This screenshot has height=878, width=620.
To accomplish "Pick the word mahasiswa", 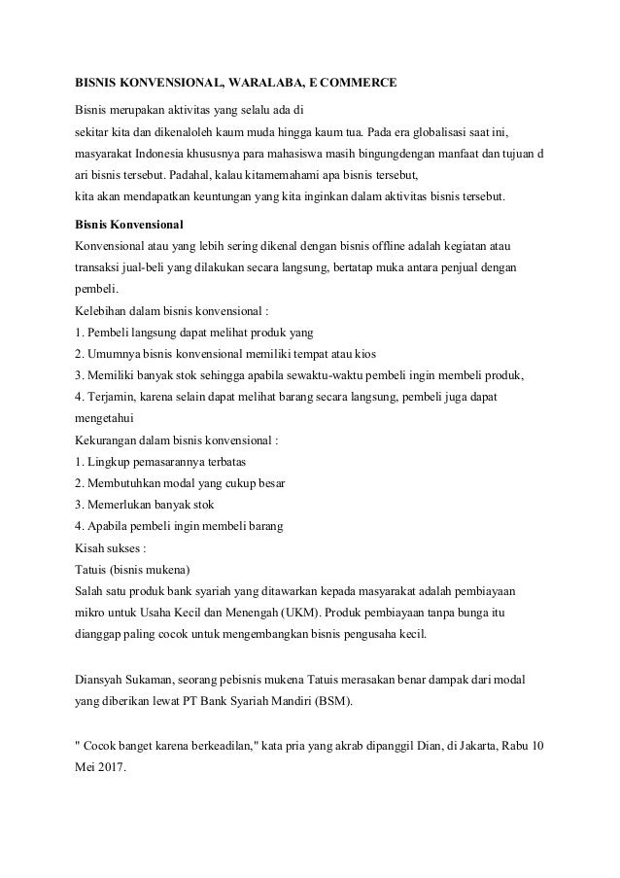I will pos(304,154).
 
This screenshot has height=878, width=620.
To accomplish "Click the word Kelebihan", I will pos(102,311).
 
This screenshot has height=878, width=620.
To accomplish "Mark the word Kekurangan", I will pos(107,439).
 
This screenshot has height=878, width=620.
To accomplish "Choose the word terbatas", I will pos(202,461).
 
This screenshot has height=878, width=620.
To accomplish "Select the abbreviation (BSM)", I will pos(333,701).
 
